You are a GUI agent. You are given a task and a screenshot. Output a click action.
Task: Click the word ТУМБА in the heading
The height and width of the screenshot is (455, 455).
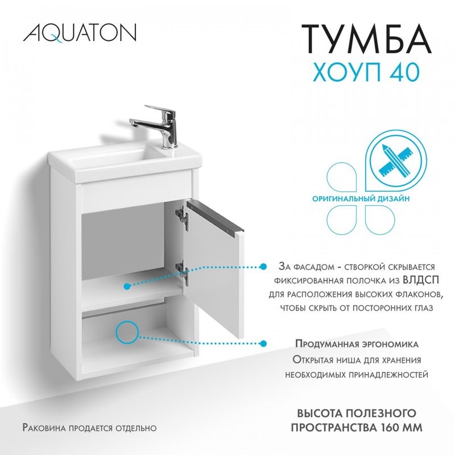click(366, 39)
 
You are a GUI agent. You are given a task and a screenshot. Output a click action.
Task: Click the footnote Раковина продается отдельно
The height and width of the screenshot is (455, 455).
click(89, 427)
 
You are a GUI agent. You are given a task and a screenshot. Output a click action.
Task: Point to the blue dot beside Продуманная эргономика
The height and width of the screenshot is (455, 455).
click(263, 343)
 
